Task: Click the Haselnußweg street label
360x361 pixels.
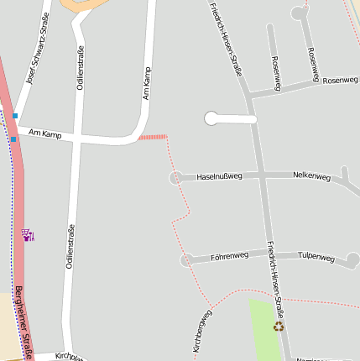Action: click(218, 177)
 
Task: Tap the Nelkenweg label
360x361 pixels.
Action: click(311, 175)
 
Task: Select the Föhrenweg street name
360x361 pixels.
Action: click(229, 255)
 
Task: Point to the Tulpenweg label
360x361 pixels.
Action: click(316, 257)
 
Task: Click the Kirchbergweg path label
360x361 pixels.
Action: click(202, 330)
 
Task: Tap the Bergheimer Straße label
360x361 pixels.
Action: click(23, 323)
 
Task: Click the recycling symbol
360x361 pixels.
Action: click(279, 327)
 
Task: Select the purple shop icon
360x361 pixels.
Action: click(29, 236)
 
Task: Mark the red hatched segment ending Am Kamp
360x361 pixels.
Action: click(152, 136)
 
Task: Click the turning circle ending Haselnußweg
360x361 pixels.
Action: click(176, 178)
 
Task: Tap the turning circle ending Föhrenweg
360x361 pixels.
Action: click(186, 260)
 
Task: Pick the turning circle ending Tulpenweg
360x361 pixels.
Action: click(353, 259)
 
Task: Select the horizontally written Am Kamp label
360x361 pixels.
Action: click(44, 133)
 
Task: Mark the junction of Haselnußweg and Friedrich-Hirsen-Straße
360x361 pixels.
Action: click(261, 176)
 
